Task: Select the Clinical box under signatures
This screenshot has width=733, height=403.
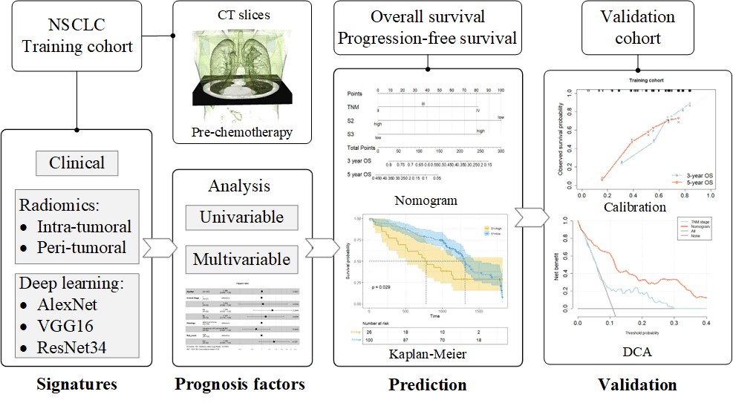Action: point(76,162)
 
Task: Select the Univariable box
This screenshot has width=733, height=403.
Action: point(241,217)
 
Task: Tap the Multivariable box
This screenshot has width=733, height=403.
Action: point(241,260)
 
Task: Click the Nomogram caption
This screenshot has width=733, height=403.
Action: point(427,200)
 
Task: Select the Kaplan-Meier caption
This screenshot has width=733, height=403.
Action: point(427,355)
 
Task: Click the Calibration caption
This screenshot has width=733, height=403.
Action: point(635,206)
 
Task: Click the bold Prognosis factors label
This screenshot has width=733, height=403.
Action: point(240,384)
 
